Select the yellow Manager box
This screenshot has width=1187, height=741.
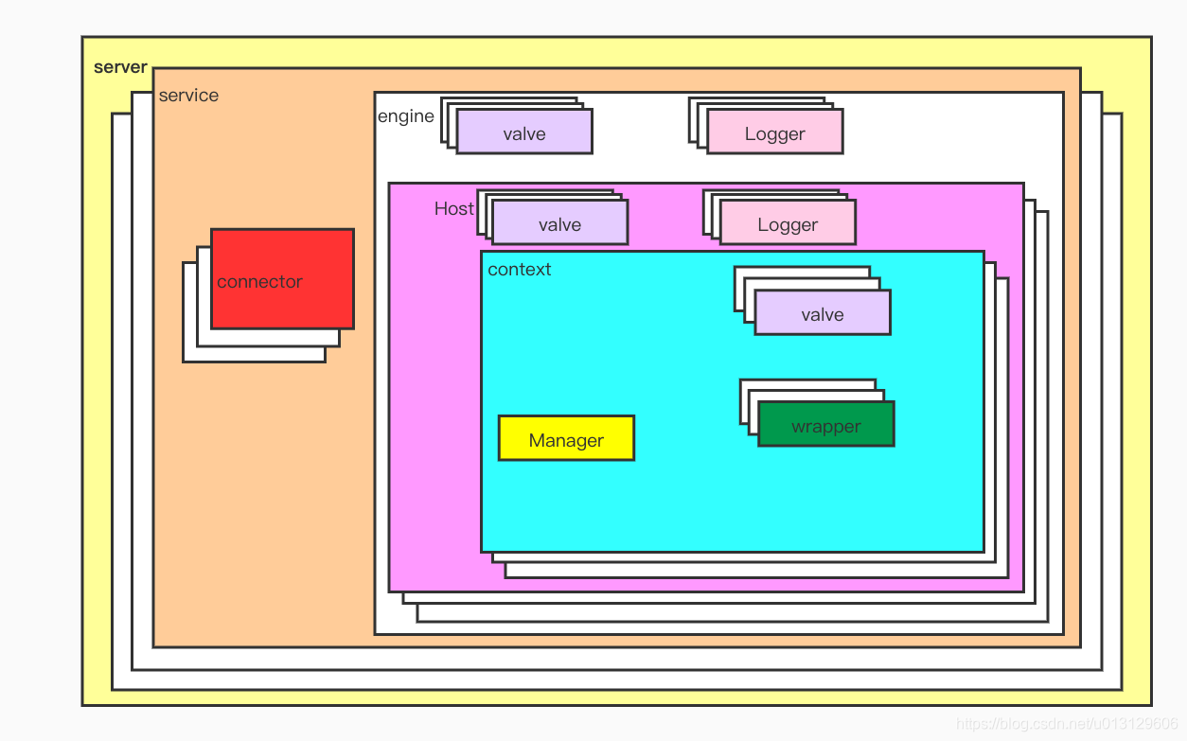[x=566, y=438]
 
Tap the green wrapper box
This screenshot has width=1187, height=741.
[x=826, y=424]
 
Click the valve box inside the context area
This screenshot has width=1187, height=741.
[x=823, y=312]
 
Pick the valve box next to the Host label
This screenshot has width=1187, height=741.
[x=559, y=222]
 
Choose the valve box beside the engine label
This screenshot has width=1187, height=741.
[x=524, y=132]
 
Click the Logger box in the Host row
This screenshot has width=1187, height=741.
[x=788, y=222]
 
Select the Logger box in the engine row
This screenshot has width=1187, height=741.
[x=774, y=132]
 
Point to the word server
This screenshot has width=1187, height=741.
[x=120, y=67]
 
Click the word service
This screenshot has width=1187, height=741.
[x=188, y=96]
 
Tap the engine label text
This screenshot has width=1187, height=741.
[x=405, y=116]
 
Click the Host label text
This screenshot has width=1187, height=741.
[x=453, y=208]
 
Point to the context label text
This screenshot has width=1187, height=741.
[x=519, y=270]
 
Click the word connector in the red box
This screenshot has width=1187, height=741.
[x=259, y=282]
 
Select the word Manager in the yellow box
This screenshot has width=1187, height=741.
[x=566, y=441]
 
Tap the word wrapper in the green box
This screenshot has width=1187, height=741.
[x=826, y=427]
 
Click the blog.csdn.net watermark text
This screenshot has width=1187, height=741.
[x=1066, y=724]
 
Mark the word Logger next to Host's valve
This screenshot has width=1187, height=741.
[x=788, y=225]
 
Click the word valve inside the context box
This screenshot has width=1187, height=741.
[x=823, y=315]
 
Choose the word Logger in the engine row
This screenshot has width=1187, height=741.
[x=774, y=134]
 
